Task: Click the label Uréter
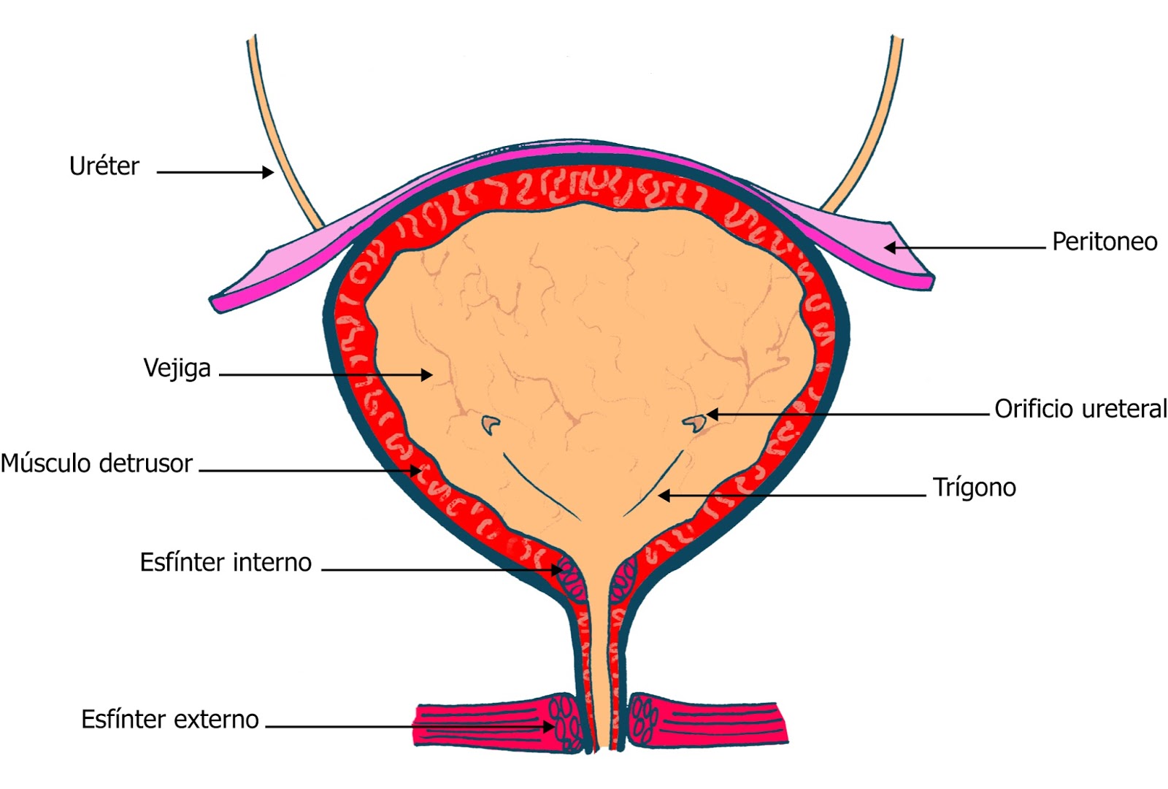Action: [x=104, y=167]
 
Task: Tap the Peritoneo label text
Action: [x=1104, y=242]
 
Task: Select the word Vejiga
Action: [x=177, y=369]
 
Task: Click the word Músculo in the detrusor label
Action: [x=47, y=463]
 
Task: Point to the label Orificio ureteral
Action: [x=1080, y=409]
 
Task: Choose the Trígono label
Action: [x=974, y=488]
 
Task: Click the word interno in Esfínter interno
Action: [x=272, y=563]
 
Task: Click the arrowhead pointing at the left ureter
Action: [x=269, y=172]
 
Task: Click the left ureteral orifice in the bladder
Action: [x=491, y=423]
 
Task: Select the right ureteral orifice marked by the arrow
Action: [x=694, y=422]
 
